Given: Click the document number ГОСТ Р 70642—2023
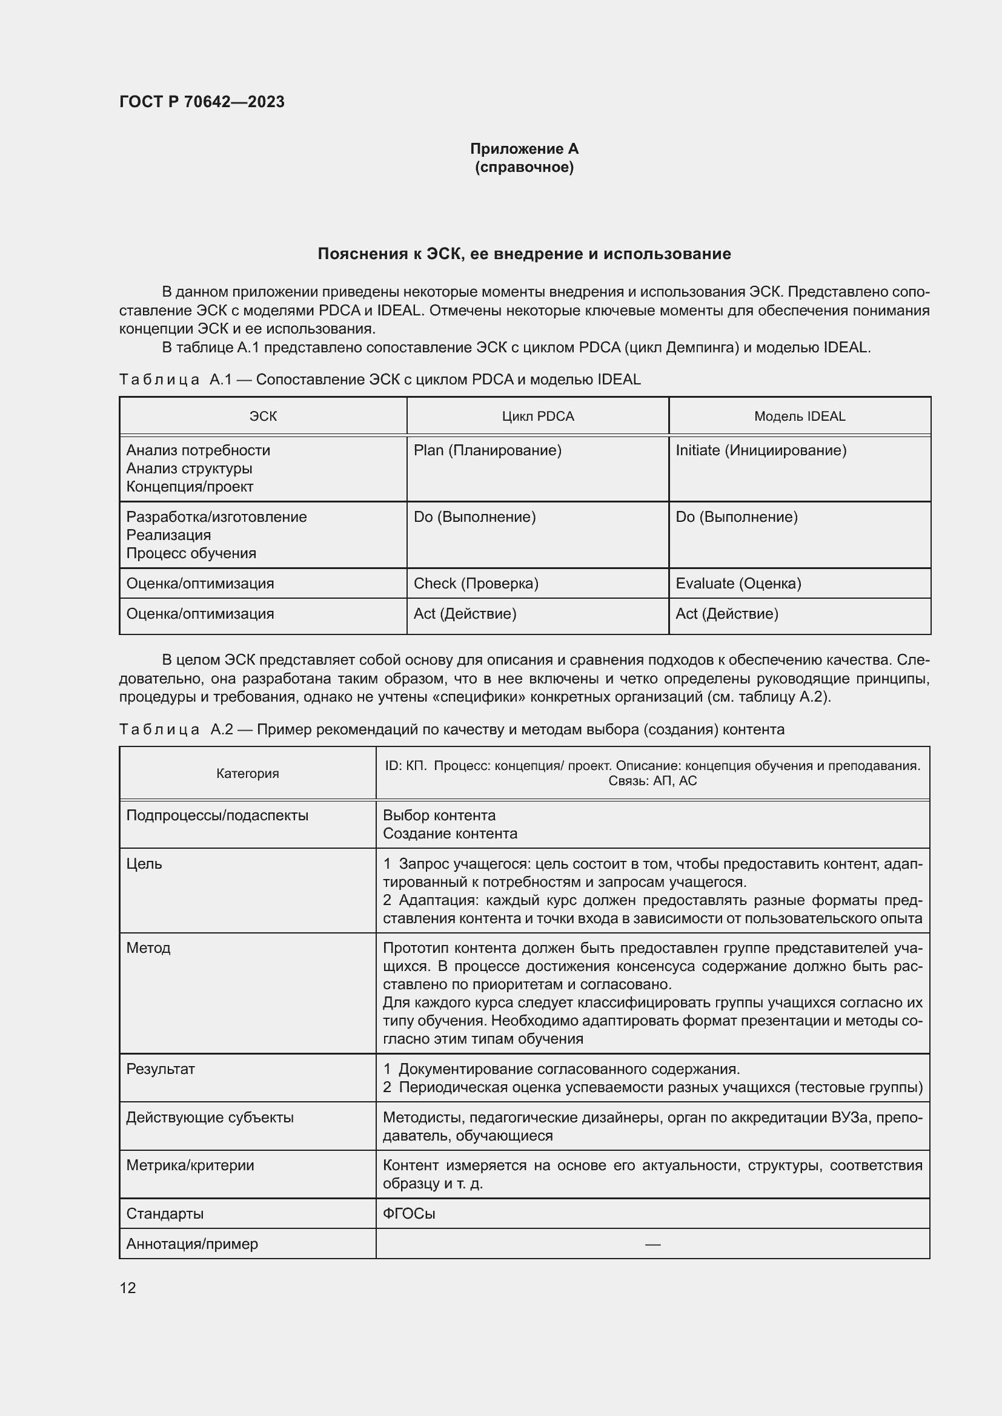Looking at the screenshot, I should [202, 102].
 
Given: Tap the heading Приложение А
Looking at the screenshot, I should [524, 149].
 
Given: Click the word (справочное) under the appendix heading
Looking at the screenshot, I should [524, 167].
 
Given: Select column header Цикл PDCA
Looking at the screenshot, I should [537, 417].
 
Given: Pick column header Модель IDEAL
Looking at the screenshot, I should [799, 417].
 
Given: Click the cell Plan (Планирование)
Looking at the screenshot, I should [487, 450].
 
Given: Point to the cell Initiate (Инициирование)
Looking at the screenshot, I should [760, 450].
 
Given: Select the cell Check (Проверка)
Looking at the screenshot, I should [476, 584].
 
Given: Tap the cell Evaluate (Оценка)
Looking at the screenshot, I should [738, 584].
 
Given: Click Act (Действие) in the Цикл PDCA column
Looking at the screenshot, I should [465, 614].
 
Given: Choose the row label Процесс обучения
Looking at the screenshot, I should [191, 553].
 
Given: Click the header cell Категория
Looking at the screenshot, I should [247, 773].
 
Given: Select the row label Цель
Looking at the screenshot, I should [144, 863].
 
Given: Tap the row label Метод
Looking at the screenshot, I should [148, 948].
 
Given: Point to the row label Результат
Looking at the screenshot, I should [161, 1069].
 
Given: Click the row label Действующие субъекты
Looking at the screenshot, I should [210, 1118].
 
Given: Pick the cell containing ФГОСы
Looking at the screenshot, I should [408, 1214].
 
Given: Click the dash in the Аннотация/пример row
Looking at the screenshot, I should [652, 1244].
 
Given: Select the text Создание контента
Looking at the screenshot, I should [450, 834].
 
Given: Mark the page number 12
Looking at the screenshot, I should [128, 1288].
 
